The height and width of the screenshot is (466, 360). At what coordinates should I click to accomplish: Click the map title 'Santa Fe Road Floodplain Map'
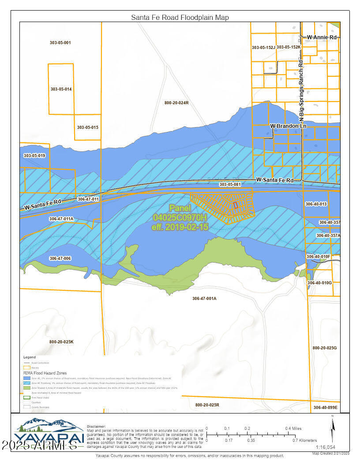tap(180, 17)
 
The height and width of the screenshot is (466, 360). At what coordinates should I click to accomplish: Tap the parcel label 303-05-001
tap(60, 43)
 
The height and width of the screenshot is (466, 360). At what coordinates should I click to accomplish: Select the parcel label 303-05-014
tap(61, 89)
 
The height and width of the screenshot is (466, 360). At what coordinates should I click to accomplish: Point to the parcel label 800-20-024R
tap(176, 103)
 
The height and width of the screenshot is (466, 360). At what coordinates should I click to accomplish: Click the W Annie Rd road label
tap(322, 38)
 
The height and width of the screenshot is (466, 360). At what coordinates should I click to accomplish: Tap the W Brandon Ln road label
tap(288, 126)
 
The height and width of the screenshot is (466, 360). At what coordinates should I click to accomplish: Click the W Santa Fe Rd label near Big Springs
tap(275, 180)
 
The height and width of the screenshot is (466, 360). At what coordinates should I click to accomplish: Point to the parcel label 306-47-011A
tap(61, 219)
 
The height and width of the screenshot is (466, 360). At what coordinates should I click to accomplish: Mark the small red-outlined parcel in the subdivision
tap(236, 205)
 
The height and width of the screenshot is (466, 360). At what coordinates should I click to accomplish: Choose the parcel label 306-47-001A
tap(204, 299)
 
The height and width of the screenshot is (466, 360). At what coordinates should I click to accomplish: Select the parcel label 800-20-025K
tap(61, 342)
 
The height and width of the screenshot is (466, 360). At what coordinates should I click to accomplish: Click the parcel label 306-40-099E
tap(325, 407)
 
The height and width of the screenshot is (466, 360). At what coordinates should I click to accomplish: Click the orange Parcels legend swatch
tap(27, 367)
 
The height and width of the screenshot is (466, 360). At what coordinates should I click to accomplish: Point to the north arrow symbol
tap(333, 428)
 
